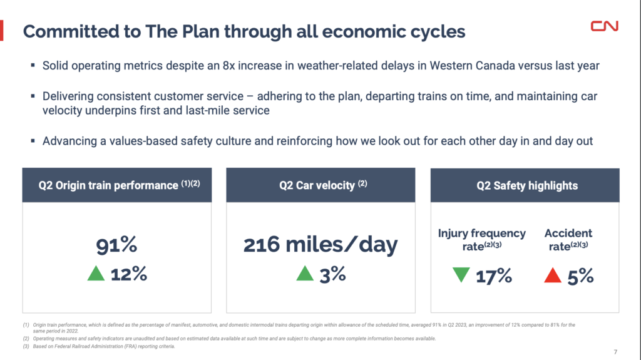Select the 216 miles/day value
coord(320,245)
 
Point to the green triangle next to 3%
coord(304,274)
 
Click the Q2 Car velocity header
coord(320,185)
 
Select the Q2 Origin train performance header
coord(116,185)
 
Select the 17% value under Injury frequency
coord(494,275)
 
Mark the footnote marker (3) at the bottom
coord(26,346)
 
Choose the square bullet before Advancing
coord(33,141)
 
